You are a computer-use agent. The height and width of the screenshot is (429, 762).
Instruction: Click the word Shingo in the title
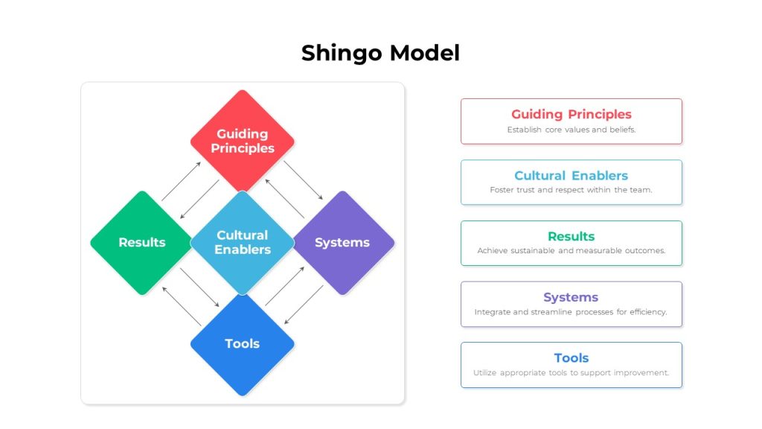pyautogui.click(x=341, y=54)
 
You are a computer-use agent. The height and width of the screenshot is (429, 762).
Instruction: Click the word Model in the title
pyautogui.click(x=425, y=53)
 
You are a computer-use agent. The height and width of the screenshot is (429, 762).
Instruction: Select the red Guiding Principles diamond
pyautogui.click(x=242, y=141)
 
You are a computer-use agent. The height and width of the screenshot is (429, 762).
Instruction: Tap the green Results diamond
pyautogui.click(x=142, y=242)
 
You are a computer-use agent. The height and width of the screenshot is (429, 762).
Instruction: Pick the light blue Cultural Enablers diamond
pyautogui.click(x=242, y=242)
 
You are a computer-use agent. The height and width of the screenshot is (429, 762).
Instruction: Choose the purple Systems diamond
pyautogui.click(x=342, y=242)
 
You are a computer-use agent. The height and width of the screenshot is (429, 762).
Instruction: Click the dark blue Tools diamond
pyautogui.click(x=242, y=344)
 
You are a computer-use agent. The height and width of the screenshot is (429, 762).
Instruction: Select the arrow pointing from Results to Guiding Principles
pyautogui.click(x=182, y=181)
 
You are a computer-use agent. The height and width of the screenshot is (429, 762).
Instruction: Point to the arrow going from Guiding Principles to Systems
pyautogui.click(x=304, y=180)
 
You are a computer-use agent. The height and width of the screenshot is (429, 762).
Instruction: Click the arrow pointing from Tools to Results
pyautogui.click(x=182, y=306)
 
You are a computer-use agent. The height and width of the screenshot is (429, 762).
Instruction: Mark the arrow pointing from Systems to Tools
pyautogui.click(x=304, y=305)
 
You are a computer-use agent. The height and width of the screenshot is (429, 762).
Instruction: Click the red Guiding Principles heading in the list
pyautogui.click(x=571, y=114)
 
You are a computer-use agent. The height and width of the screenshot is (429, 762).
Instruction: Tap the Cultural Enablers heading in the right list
pyautogui.click(x=571, y=176)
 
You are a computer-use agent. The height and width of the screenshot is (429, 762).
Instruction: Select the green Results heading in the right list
pyautogui.click(x=571, y=236)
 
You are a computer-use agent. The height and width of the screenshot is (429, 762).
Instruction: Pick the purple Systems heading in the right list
pyautogui.click(x=571, y=297)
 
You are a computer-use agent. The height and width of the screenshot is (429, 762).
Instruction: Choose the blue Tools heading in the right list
pyautogui.click(x=571, y=358)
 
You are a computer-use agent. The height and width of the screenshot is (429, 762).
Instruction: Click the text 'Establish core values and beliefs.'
pyautogui.click(x=571, y=130)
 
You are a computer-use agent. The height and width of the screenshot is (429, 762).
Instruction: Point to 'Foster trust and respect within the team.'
pyautogui.click(x=571, y=190)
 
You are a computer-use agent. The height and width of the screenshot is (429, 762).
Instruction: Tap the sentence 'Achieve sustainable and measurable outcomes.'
pyautogui.click(x=571, y=251)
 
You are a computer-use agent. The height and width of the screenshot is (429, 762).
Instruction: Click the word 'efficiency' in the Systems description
pyautogui.click(x=648, y=312)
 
